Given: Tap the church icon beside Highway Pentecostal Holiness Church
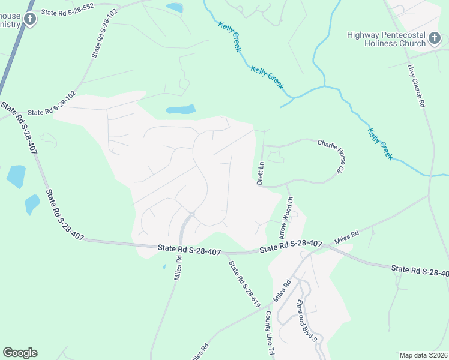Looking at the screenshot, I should pyautogui.click(x=435, y=40).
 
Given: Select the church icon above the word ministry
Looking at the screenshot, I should pyautogui.click(x=29, y=19).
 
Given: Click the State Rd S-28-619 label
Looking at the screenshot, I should pyautogui.click(x=243, y=284).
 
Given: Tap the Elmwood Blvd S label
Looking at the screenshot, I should pyautogui.click(x=306, y=321).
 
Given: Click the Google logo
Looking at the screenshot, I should pyautogui.click(x=20, y=353).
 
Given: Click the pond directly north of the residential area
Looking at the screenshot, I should pyautogui.click(x=181, y=110).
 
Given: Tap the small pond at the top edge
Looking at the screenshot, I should pyautogui.click(x=174, y=8).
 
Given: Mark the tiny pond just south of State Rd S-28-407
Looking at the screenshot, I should pyautogui.click(x=164, y=266).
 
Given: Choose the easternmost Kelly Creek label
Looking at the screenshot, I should pyautogui.click(x=380, y=143).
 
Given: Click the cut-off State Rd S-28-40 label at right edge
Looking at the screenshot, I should pyautogui.click(x=420, y=272).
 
